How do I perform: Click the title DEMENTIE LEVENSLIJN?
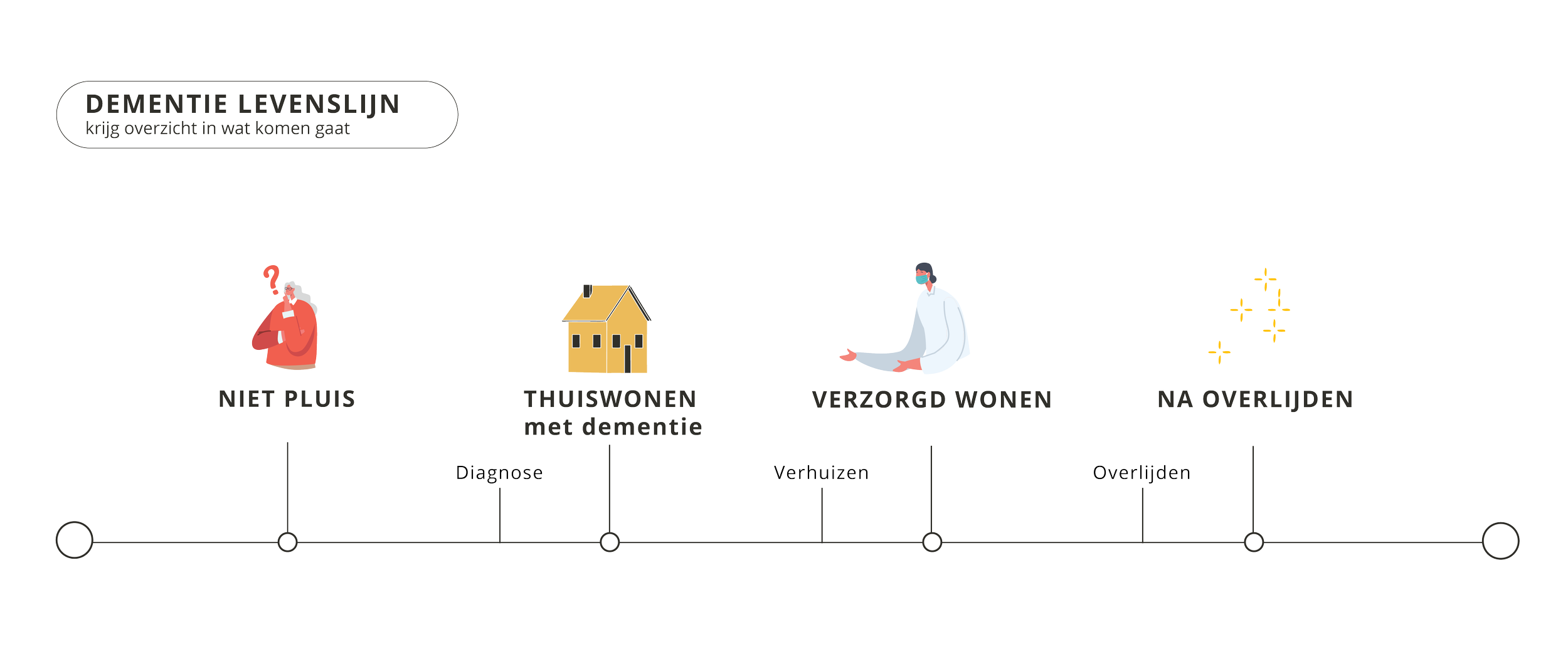242,104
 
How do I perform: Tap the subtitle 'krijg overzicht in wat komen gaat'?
218,129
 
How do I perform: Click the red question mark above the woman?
272,279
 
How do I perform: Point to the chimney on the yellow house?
587,291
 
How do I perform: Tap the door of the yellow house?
627,358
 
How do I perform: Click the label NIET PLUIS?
287,399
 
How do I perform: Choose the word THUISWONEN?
610,399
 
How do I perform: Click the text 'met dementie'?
613,428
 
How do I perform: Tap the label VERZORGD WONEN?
931,399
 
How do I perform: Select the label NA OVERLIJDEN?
1254,399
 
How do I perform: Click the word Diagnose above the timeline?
499,473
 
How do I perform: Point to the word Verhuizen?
820,473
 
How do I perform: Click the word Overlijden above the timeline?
1141,473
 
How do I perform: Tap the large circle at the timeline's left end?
74,540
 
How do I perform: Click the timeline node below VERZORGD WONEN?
932,542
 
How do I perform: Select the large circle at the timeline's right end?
1500,540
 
